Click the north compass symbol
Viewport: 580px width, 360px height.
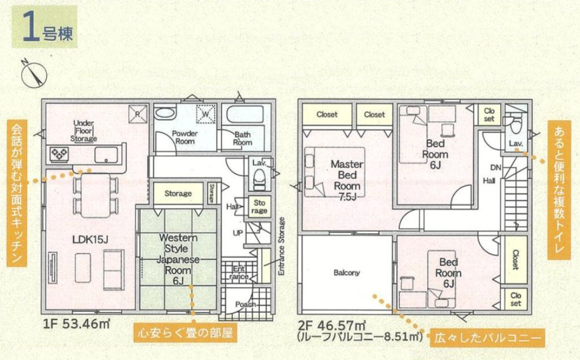click(x=34, y=74)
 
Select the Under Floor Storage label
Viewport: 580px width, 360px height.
click(x=83, y=131)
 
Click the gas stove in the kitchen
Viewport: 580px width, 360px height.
click(x=59, y=154)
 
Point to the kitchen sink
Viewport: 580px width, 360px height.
click(x=106, y=155)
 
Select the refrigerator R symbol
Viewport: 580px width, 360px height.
click(x=138, y=114)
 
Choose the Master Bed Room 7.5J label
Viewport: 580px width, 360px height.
click(x=347, y=180)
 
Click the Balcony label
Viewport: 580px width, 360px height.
click(x=346, y=273)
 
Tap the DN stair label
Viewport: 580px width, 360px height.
click(x=495, y=167)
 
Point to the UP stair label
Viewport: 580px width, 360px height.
click(x=237, y=233)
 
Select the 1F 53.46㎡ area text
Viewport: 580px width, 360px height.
click(x=76, y=324)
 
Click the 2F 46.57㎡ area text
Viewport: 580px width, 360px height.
click(x=332, y=325)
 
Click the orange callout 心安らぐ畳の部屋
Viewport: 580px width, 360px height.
click(x=185, y=333)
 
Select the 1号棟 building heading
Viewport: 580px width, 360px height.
click(x=45, y=27)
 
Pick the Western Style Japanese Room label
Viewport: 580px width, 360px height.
click(x=178, y=259)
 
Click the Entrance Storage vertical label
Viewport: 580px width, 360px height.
click(x=282, y=246)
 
